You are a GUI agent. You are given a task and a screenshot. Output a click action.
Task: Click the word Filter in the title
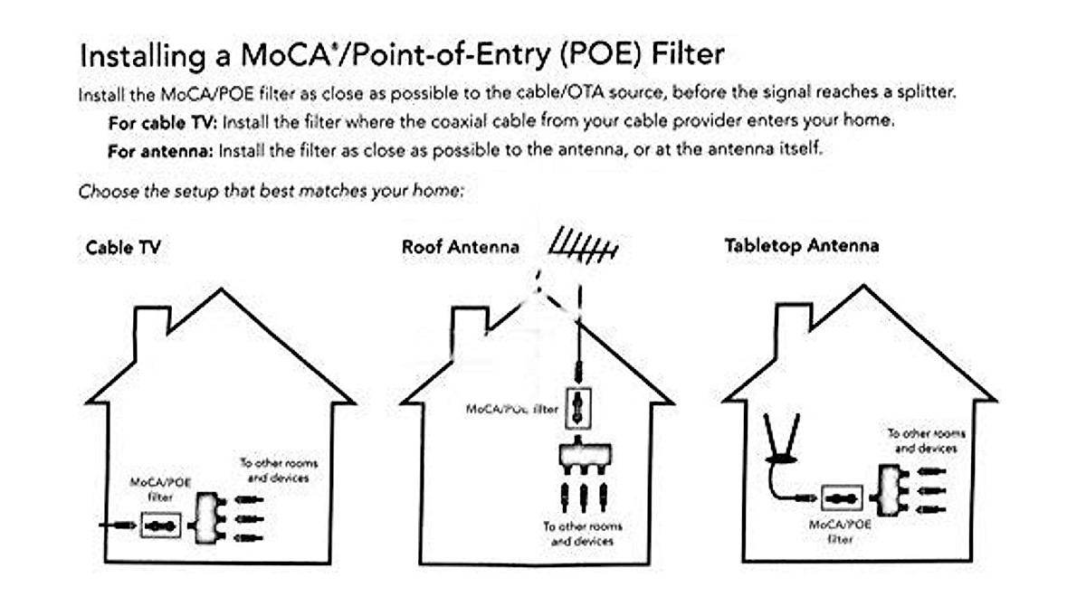686,54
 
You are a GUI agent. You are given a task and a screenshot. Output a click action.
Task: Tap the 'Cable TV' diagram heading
123,246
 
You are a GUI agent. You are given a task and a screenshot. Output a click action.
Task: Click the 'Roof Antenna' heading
461,246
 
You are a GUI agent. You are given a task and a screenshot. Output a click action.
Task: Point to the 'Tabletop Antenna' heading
801,245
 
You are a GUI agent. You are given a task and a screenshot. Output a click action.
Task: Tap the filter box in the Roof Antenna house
576,408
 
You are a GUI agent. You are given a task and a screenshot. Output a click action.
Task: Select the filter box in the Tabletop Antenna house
842,498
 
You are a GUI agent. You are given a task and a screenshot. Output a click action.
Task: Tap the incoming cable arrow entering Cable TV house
116,524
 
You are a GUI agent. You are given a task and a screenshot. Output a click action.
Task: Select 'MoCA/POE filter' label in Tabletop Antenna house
841,531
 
